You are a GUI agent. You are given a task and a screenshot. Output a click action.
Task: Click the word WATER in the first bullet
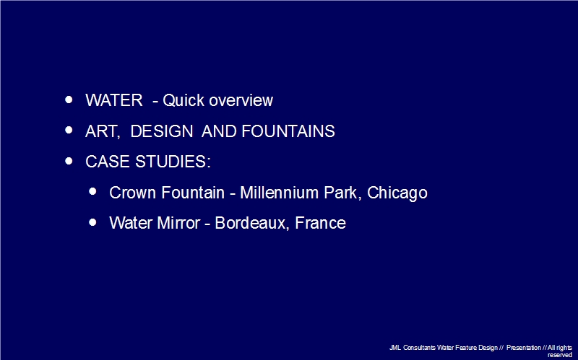pyautogui.click(x=114, y=100)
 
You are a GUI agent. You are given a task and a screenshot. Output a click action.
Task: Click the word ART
pyautogui.click(x=103, y=131)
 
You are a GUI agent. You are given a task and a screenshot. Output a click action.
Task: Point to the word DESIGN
pyautogui.click(x=162, y=131)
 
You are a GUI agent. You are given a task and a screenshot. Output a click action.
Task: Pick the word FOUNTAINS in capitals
pyautogui.click(x=288, y=131)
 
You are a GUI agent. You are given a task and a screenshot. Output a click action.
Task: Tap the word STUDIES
pyautogui.click(x=173, y=162)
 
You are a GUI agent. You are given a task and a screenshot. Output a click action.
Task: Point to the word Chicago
pyautogui.click(x=397, y=193)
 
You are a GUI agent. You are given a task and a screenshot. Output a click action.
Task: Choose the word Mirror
pyautogui.click(x=178, y=223)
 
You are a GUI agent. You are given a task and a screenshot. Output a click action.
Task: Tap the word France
pyautogui.click(x=320, y=223)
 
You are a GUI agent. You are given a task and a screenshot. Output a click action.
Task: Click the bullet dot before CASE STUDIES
pyautogui.click(x=69, y=161)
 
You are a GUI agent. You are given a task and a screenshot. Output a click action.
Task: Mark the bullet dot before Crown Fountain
pyautogui.click(x=93, y=191)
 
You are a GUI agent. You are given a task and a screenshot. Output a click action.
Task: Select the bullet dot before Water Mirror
pyautogui.click(x=93, y=222)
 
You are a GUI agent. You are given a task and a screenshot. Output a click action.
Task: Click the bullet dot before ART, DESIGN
pyautogui.click(x=69, y=130)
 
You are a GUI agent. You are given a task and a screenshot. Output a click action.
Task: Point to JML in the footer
pyautogui.click(x=395, y=348)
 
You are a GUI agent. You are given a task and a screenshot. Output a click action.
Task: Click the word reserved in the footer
pyautogui.click(x=559, y=355)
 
